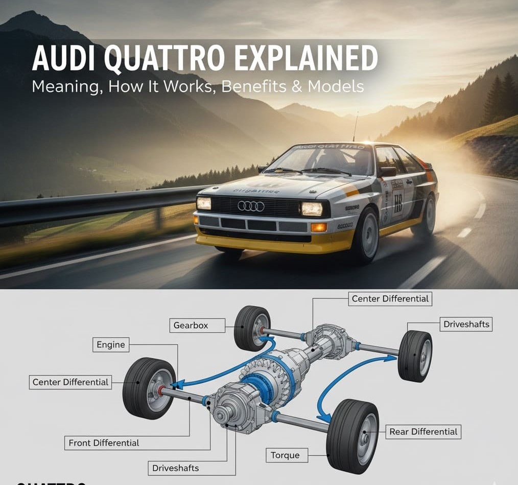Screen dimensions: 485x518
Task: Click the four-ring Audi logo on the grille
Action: (251, 206)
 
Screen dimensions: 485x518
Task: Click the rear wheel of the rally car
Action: (429, 215)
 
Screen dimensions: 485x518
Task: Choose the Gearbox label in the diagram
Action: (191, 325)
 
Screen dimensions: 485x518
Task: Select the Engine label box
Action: (111, 344)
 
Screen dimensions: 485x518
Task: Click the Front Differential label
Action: (104, 443)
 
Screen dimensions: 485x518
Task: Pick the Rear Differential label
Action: (423, 431)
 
